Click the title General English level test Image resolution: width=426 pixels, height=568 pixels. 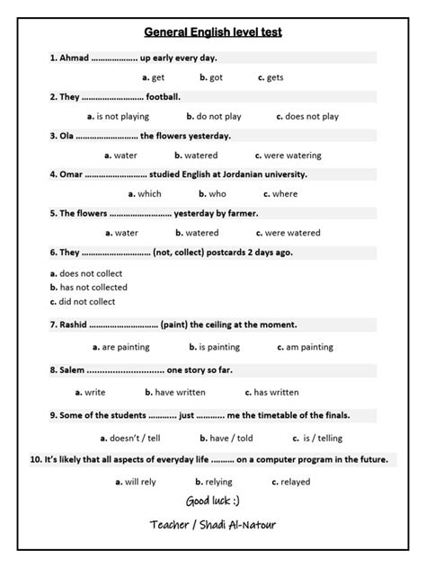pyautogui.click(x=213, y=33)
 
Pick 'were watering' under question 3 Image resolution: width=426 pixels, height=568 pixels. pyautogui.click(x=288, y=155)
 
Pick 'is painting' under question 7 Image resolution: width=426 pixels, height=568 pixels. pyautogui.click(x=215, y=346)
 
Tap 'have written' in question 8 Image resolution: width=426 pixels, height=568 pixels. pyautogui.click(x=182, y=392)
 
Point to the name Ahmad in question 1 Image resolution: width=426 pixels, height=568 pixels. pyautogui.click(x=74, y=58)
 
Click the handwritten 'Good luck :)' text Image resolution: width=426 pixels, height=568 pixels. pyautogui.click(x=212, y=500)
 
